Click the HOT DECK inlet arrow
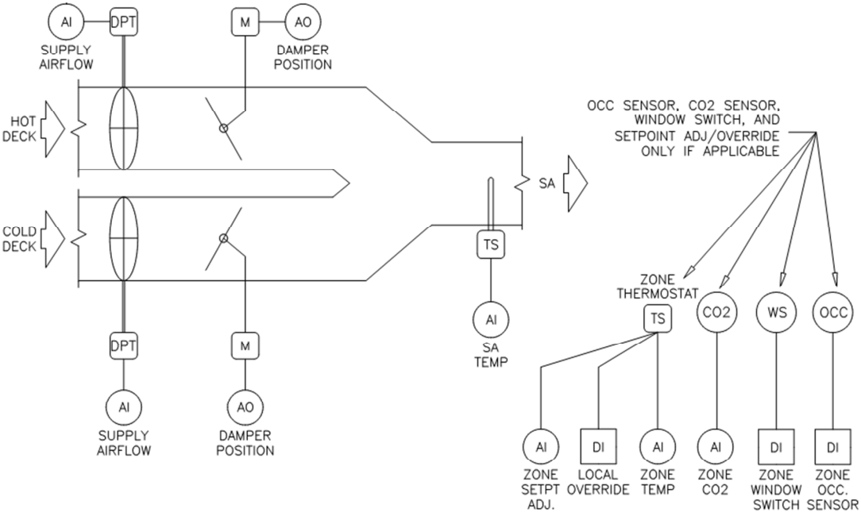click(51, 129)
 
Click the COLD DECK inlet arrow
click(51, 237)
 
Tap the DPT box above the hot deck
click(124, 21)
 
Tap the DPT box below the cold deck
click(124, 345)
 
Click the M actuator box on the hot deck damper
click(242, 21)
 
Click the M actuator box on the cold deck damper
click(242, 345)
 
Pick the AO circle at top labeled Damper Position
click(303, 21)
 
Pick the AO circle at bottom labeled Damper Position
click(242, 407)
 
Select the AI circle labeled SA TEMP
click(491, 320)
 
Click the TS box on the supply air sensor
click(491, 245)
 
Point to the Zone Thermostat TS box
click(658, 318)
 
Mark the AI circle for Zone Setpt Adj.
click(541, 448)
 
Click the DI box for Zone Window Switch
click(774, 448)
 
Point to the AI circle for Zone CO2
click(716, 448)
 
